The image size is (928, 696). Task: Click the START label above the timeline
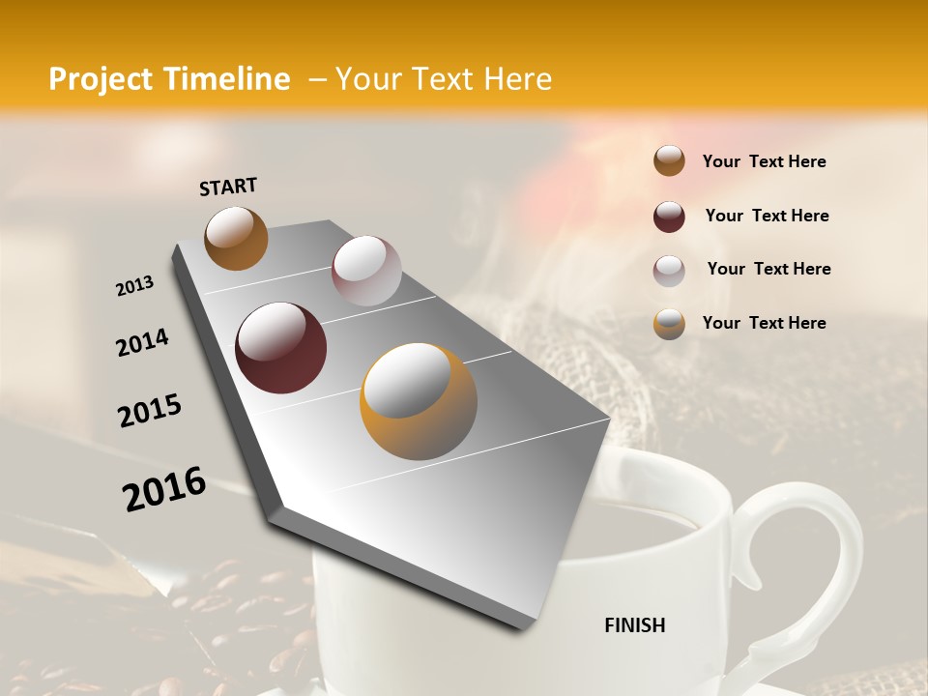(228, 186)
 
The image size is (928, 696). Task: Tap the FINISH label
(634, 625)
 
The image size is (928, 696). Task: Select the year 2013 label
(134, 285)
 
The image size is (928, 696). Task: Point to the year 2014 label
(142, 342)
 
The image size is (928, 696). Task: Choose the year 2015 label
(150, 411)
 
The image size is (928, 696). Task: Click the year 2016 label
(164, 488)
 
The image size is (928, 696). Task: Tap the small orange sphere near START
(236, 238)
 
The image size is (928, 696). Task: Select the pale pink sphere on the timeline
(366, 271)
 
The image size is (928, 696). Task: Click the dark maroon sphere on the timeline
(281, 348)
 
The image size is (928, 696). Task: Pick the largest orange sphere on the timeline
(419, 401)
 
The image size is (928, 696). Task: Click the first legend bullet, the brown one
(669, 161)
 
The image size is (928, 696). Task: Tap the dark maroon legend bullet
(669, 217)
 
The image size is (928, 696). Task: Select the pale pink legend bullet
(669, 271)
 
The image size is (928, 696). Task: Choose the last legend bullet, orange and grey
(669, 324)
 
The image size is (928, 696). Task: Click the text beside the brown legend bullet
(764, 161)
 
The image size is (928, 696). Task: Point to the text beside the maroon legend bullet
(767, 216)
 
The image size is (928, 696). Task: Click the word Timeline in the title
(228, 79)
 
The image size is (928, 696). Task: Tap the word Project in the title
(101, 79)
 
